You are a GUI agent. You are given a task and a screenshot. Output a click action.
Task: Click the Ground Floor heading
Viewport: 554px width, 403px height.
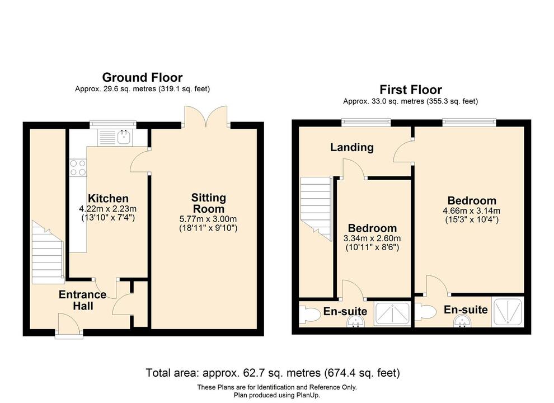tap(142, 77)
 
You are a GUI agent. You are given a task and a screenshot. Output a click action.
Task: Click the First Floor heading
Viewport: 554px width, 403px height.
tap(410, 90)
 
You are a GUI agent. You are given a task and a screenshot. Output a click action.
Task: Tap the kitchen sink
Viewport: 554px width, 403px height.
tap(124, 136)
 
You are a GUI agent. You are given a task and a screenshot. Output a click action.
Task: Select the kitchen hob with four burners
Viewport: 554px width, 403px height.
tap(77, 168)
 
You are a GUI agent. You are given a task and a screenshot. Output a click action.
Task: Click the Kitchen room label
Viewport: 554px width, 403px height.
tap(108, 199)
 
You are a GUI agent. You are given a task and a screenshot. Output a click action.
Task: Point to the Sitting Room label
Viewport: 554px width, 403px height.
tap(208, 203)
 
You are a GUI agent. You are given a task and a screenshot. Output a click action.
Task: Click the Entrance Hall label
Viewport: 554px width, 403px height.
tap(82, 300)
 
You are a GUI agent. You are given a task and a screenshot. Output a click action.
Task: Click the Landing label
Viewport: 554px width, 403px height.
tap(351, 147)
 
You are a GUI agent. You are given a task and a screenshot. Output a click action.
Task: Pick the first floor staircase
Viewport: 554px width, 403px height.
tap(317, 207)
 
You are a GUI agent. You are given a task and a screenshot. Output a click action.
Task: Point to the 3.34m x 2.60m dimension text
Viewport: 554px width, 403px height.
tap(372, 238)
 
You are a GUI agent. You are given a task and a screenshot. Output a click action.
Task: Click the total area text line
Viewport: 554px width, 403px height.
tap(273, 372)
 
